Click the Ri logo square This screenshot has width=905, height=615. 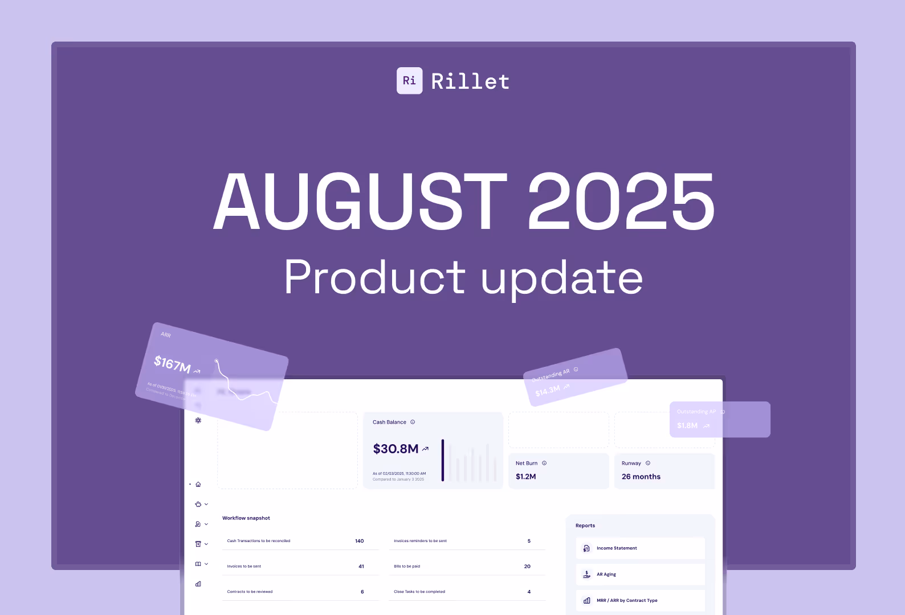pyautogui.click(x=409, y=81)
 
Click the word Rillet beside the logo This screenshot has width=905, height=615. pyautogui.click(x=470, y=81)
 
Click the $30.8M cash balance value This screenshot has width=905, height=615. pyautogui.click(x=396, y=449)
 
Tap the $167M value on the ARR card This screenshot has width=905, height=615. pyautogui.click(x=172, y=364)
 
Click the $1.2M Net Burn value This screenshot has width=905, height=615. pyautogui.click(x=525, y=477)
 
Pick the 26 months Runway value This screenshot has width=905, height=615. pyautogui.click(x=641, y=477)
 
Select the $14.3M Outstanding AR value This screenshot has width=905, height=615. pyautogui.click(x=548, y=391)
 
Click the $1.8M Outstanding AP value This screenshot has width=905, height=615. pyautogui.click(x=687, y=425)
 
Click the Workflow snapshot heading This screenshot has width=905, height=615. pyautogui.click(x=246, y=518)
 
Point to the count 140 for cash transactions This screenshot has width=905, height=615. pyautogui.click(x=359, y=541)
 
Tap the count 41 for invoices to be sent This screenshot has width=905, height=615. pyautogui.click(x=361, y=567)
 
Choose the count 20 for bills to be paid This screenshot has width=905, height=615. pyautogui.click(x=527, y=567)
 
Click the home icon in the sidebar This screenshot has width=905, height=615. pyautogui.click(x=198, y=485)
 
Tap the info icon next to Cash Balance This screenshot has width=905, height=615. pyautogui.click(x=413, y=422)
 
